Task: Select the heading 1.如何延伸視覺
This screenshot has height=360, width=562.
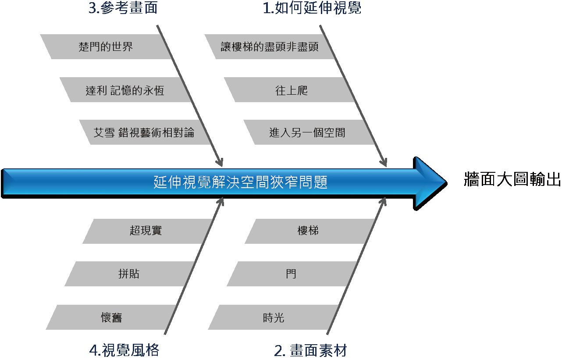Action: point(312,8)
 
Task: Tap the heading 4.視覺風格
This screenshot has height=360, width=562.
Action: point(124,350)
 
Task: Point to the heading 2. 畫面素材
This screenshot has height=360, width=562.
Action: point(311,350)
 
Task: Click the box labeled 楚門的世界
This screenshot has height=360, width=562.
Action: point(106,46)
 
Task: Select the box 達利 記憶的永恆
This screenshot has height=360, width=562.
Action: point(125,90)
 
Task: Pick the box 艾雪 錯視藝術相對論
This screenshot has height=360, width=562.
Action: point(144,132)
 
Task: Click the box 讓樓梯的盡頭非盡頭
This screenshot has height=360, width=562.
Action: point(270,46)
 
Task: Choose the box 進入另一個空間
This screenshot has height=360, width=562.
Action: point(307,132)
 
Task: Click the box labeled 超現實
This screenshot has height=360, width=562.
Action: point(146,231)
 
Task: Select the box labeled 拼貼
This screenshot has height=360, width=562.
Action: point(129,274)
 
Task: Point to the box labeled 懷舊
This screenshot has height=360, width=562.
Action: point(111,317)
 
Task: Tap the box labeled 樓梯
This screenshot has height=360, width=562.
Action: point(308,231)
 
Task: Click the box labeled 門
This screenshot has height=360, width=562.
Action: point(291,274)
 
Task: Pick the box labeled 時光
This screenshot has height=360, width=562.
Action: point(274,317)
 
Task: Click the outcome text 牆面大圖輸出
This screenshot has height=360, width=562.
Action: point(512,180)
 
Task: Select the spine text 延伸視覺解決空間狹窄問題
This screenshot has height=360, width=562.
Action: point(241,182)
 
